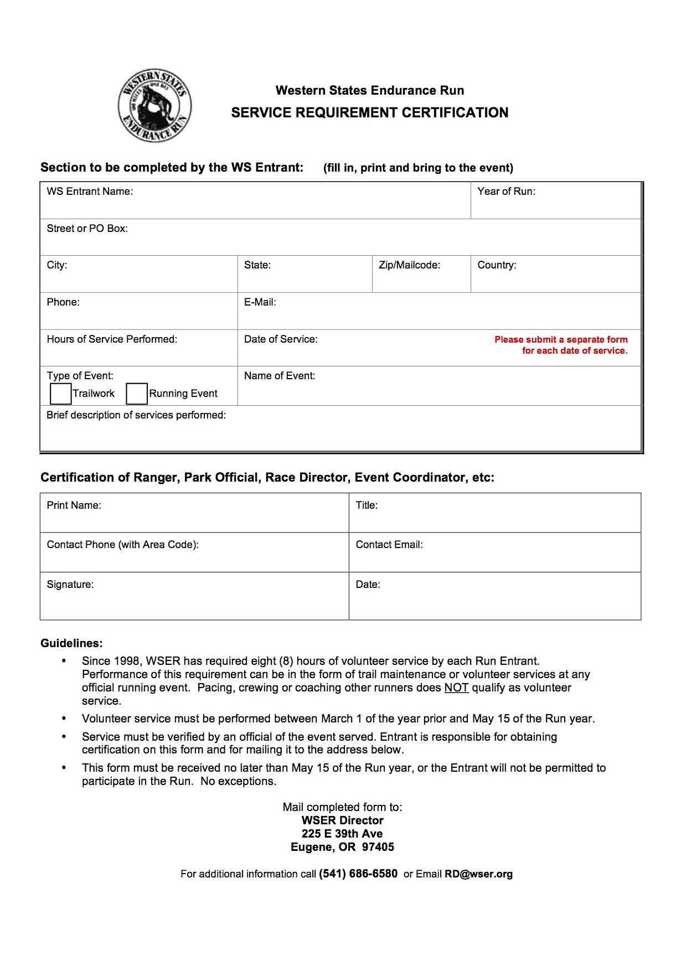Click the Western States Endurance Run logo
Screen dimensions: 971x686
click(x=154, y=106)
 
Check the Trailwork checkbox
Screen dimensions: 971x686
click(x=60, y=394)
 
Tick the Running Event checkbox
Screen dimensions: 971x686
click(x=137, y=394)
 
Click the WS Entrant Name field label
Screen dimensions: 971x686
click(x=90, y=192)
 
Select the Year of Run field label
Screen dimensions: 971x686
click(x=506, y=192)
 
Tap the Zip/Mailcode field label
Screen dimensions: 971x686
click(x=409, y=265)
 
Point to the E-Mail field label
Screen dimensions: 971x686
click(x=260, y=302)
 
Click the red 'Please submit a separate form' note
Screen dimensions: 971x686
click(x=561, y=345)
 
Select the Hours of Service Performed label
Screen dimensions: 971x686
click(x=112, y=339)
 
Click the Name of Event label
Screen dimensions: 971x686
click(x=279, y=376)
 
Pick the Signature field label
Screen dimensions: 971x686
click(x=70, y=585)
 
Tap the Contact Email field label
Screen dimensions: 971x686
click(x=389, y=545)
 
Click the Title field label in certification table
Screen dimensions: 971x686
click(x=367, y=505)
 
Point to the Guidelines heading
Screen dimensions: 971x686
click(x=71, y=643)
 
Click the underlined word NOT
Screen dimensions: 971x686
click(x=456, y=688)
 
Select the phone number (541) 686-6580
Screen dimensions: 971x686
click(x=358, y=874)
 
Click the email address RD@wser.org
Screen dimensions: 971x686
click(x=478, y=874)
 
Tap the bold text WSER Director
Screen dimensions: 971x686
click(x=342, y=820)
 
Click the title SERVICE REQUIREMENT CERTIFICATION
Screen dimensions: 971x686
click(x=369, y=113)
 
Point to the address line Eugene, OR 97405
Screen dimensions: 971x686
click(x=342, y=847)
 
